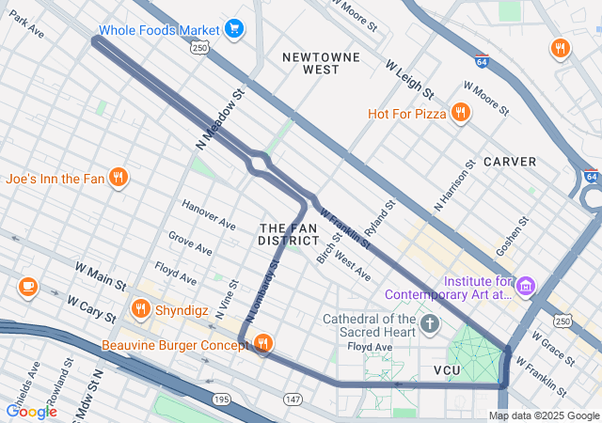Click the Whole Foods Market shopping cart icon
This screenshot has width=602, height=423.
click(x=234, y=30)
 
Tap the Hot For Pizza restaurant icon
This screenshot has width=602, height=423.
click(x=460, y=114)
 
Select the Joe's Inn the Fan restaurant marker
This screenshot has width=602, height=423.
click(x=118, y=177)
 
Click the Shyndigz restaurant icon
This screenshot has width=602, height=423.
click(x=141, y=308)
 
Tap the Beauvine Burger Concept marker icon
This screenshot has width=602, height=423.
click(x=263, y=344)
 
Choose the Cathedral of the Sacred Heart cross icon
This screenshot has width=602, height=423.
click(x=430, y=325)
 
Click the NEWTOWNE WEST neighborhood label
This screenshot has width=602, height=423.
click(x=322, y=63)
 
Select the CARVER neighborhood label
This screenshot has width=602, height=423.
click(x=510, y=162)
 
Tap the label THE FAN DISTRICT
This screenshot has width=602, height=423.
click(x=289, y=235)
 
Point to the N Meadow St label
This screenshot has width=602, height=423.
click(x=220, y=119)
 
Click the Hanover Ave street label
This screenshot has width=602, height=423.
click(x=208, y=215)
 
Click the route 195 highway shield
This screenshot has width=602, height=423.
click(x=222, y=399)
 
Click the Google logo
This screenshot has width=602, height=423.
click(x=31, y=411)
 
